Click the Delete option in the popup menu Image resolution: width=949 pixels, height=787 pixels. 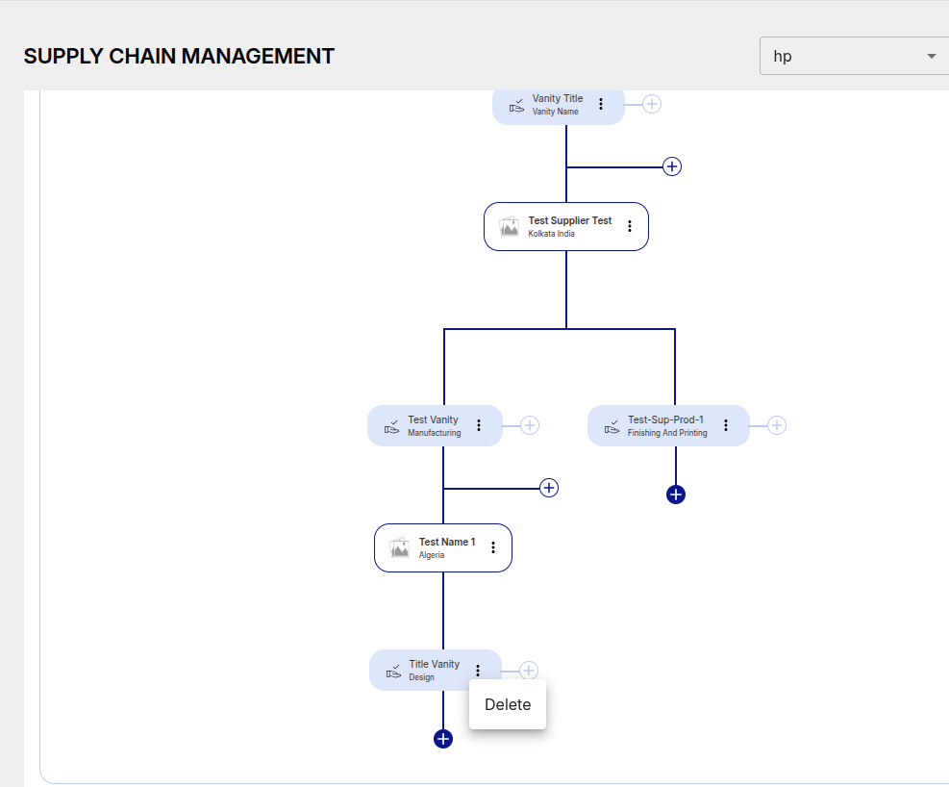[x=507, y=704]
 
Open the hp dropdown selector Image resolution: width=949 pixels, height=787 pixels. [x=854, y=57]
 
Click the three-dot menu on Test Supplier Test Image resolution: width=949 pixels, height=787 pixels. [x=630, y=226]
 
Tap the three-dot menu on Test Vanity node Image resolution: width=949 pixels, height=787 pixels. [x=479, y=425]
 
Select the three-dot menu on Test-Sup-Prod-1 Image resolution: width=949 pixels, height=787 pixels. [x=726, y=425]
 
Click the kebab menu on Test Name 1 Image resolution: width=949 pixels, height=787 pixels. [x=493, y=547]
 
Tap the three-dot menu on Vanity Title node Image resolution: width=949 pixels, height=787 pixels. [x=601, y=104]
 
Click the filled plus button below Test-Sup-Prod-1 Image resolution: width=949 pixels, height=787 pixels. [x=675, y=495]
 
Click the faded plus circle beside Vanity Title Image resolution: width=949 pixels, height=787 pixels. [x=652, y=104]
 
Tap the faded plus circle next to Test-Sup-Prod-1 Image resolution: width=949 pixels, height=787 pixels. [x=777, y=425]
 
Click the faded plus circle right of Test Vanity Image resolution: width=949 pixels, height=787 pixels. [x=530, y=425]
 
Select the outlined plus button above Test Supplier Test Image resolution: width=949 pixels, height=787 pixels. [x=672, y=166]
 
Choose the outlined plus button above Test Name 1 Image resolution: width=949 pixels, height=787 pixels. [x=549, y=488]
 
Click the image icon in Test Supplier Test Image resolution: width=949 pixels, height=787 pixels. [x=509, y=226]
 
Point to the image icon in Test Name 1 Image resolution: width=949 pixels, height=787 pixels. [x=399, y=547]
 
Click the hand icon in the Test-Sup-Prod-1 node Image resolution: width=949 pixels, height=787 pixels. [x=612, y=427]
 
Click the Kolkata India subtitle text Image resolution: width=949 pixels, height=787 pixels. [x=551, y=234]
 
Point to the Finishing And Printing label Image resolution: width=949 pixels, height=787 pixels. [x=667, y=433]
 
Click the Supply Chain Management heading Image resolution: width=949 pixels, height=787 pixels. [x=179, y=57]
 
